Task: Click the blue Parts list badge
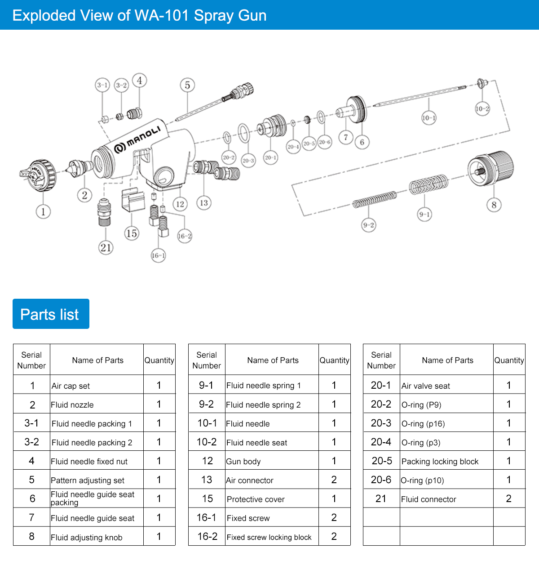click(51, 314)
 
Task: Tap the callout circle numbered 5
click(187, 85)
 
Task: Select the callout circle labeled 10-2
click(482, 108)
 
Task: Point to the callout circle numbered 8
click(494, 205)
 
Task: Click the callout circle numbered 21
click(106, 247)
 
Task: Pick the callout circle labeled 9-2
click(368, 225)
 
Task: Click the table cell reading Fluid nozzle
click(97, 404)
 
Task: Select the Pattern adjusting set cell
click(97, 480)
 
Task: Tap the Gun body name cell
click(272, 461)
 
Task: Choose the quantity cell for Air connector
click(334, 480)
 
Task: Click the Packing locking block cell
click(446, 461)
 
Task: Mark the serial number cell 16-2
click(207, 537)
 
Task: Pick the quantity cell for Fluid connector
click(509, 499)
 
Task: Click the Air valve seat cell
click(446, 386)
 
